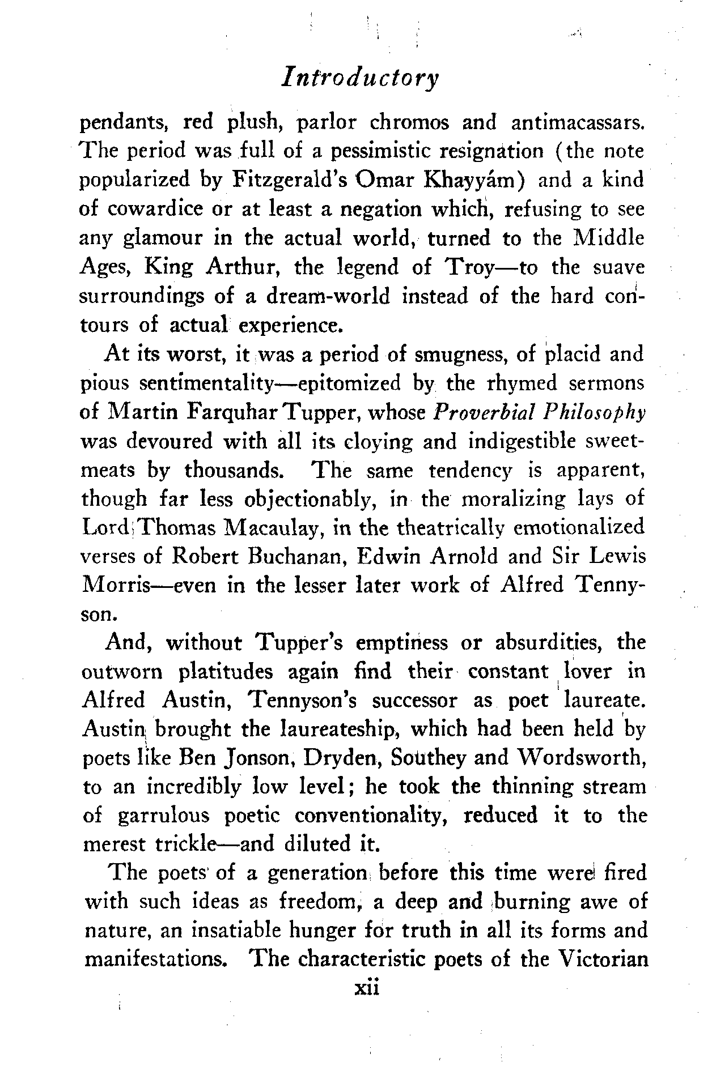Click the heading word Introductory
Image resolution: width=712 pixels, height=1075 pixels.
pos(361,78)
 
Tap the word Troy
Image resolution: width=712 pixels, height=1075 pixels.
pos(467,266)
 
